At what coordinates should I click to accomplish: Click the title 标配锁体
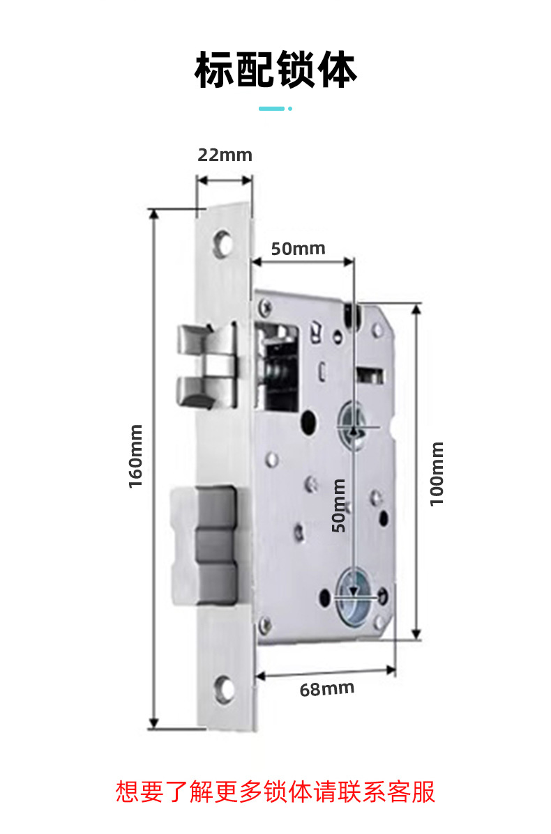[275, 70]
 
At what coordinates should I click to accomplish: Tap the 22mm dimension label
[225, 155]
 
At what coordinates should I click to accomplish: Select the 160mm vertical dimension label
[136, 456]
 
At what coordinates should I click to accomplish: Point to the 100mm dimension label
[437, 474]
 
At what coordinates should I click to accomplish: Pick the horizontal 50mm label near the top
[299, 249]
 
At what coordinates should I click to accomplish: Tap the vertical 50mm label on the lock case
[339, 505]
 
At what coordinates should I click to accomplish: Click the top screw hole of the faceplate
[223, 241]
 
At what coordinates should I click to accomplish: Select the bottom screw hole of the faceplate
[225, 688]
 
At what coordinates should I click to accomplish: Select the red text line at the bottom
[275, 792]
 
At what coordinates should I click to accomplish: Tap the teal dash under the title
[271, 109]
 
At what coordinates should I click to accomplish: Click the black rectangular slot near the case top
[370, 376]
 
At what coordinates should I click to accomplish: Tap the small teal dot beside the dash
[290, 109]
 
